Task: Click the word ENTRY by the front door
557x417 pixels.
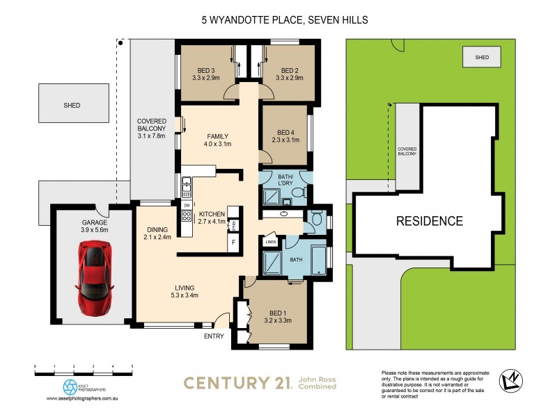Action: point(214,336)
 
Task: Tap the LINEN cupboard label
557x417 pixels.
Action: point(271,241)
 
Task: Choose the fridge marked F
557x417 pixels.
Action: point(233,244)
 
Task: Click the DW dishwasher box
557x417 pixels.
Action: point(187,205)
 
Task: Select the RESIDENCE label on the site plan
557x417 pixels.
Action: point(430,222)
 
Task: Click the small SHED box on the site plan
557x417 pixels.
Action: point(481,57)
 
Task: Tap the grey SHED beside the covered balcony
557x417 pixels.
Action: point(72,105)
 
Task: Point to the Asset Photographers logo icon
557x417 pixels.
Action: point(70,386)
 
